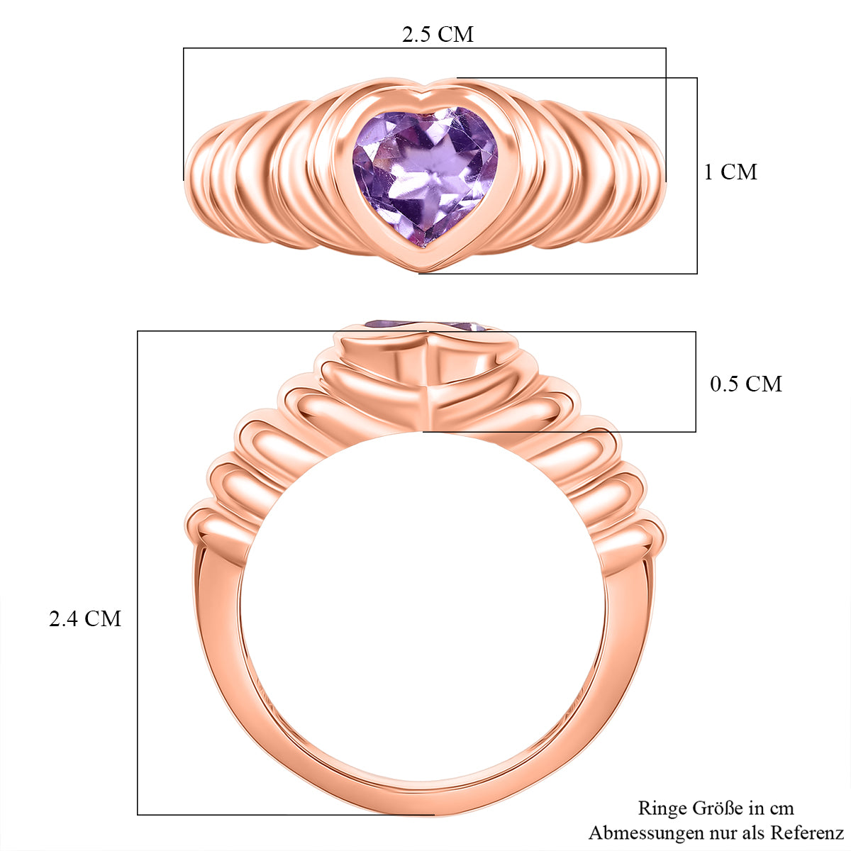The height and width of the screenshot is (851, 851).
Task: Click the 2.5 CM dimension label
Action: pos(438,35)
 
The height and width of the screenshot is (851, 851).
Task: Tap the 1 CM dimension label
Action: pos(730,172)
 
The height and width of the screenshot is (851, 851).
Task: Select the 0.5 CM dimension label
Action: pos(746,384)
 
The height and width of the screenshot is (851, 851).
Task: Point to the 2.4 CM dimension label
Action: pos(85,618)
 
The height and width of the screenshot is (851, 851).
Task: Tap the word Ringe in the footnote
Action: pos(663,808)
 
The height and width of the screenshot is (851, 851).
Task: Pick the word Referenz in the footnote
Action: pos(808,833)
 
